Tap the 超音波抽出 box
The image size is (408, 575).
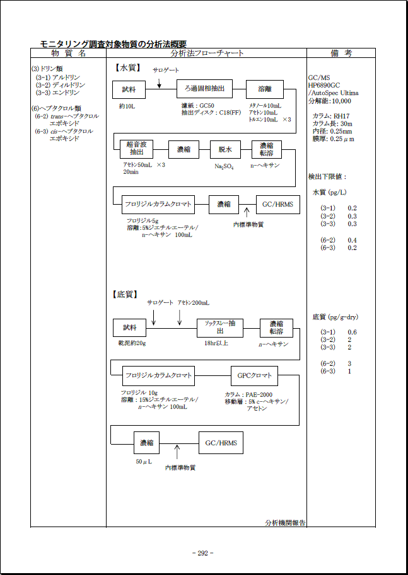(137, 149)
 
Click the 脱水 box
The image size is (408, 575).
(226, 149)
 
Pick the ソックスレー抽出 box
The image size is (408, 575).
(220, 328)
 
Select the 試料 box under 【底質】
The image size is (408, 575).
(129, 328)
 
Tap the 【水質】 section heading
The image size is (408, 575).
(127, 67)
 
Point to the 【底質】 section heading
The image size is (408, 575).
(127, 294)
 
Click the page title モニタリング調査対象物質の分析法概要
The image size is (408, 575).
(113, 43)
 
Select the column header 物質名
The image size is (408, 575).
(68, 54)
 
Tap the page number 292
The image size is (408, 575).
(202, 553)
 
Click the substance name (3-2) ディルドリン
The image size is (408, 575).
(61, 85)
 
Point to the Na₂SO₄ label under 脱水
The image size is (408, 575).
(224, 167)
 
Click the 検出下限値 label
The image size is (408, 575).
(327, 176)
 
